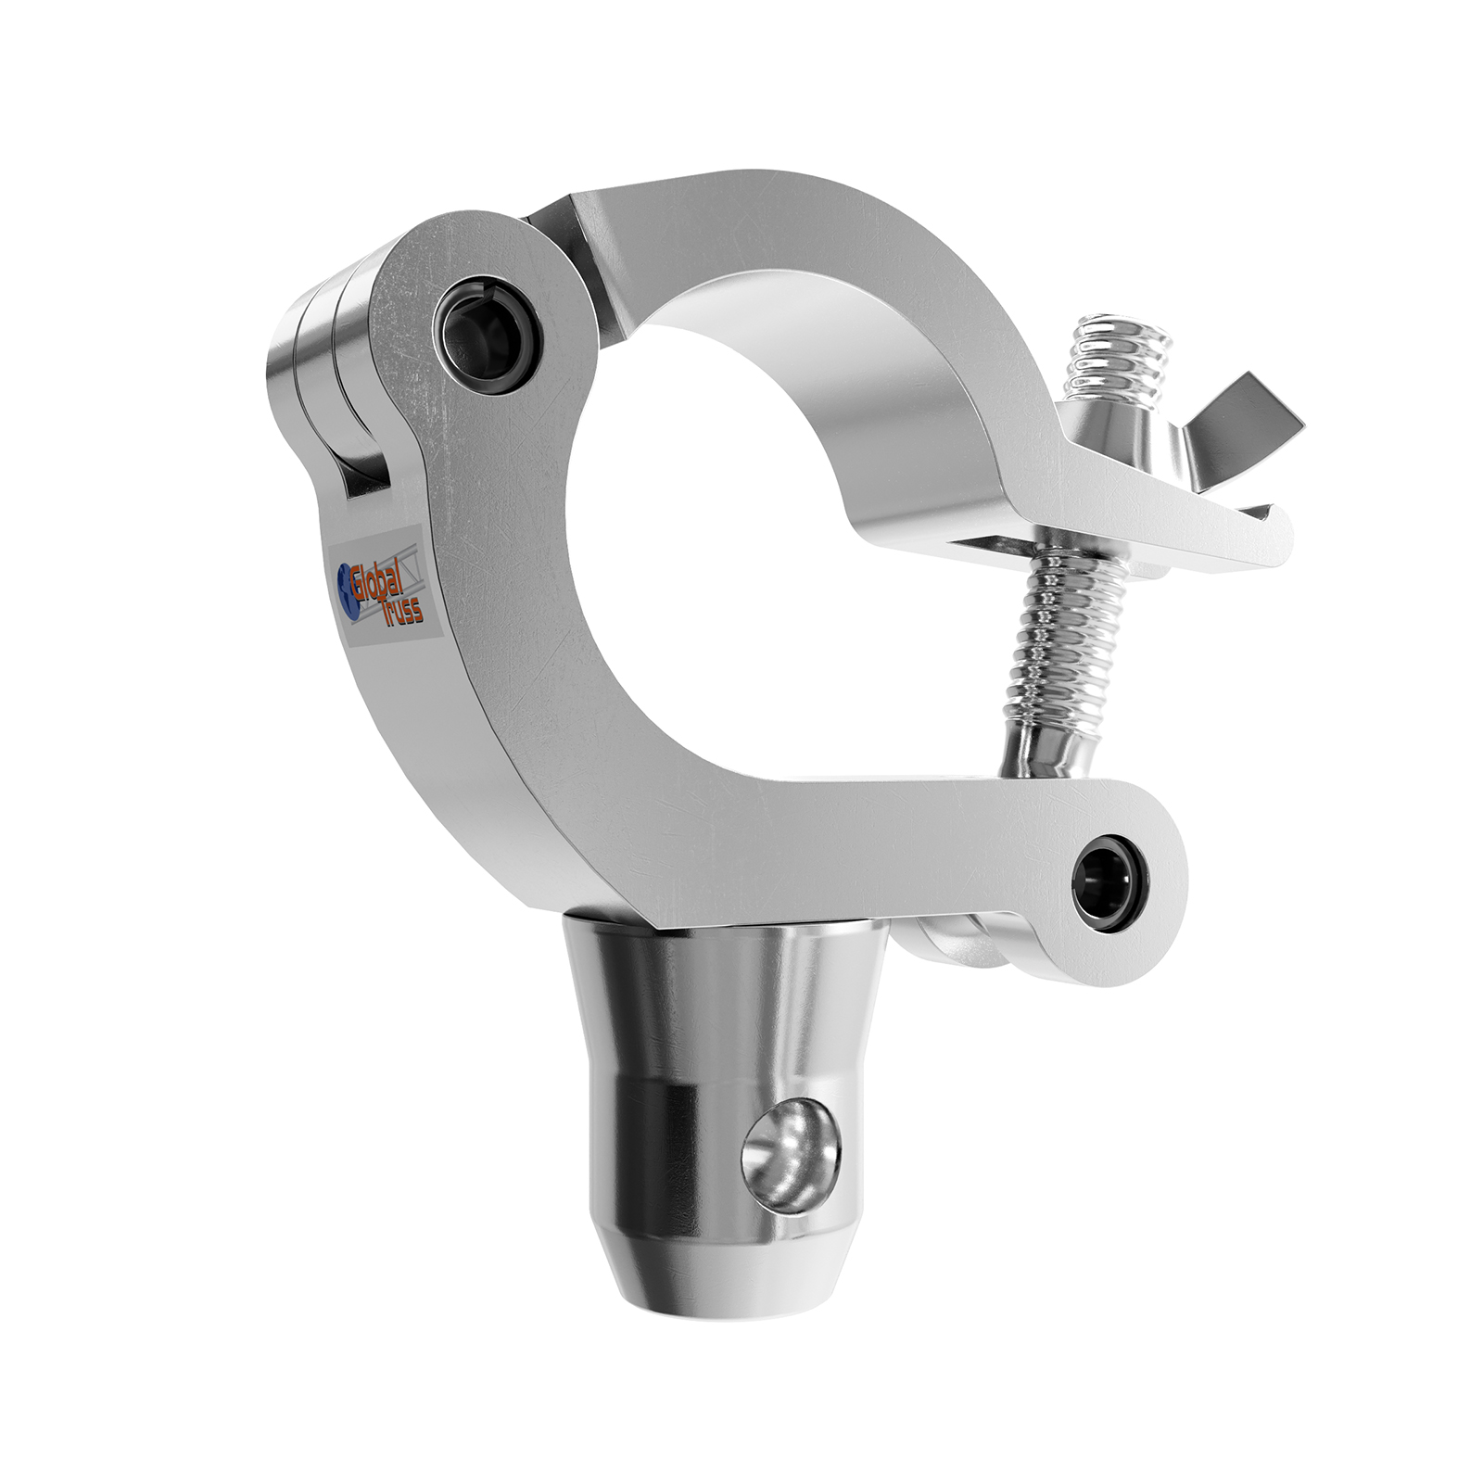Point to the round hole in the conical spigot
[791, 1154]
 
